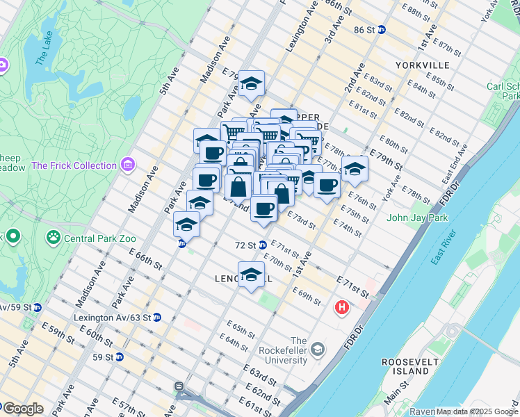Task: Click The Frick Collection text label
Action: [x=74, y=165]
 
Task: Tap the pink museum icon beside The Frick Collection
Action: [x=127, y=165]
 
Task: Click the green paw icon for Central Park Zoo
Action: [x=54, y=238]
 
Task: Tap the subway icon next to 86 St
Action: [x=382, y=30]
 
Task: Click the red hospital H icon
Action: [x=342, y=306]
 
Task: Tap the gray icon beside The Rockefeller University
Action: [x=318, y=348]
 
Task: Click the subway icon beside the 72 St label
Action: [x=263, y=245]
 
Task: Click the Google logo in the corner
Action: [x=22, y=409]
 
